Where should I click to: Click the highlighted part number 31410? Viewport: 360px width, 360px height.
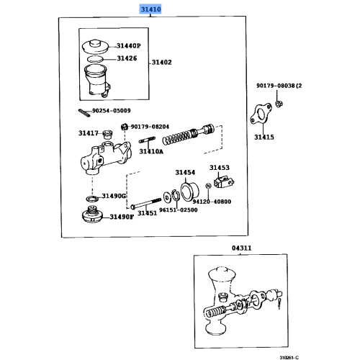pos(150,9)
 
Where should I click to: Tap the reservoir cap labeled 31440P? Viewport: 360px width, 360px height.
pos(95,46)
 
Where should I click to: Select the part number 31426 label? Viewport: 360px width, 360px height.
pos(127,58)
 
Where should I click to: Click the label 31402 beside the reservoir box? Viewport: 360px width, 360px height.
pos(162,63)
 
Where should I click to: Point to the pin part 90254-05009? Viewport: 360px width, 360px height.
pos(84,113)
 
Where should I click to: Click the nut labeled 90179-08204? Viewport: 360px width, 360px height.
pos(124,127)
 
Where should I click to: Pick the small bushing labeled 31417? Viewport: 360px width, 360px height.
pos(107,134)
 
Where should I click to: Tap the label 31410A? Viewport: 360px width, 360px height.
pos(151,151)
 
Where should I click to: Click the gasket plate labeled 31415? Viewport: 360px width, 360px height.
pos(261,114)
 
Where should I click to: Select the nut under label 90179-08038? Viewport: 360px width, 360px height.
pos(279,104)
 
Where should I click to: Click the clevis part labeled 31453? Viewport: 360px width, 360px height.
pos(224,183)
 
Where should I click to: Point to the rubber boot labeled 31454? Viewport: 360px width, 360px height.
pos(189,192)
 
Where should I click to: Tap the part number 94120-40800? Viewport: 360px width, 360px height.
pos(212,202)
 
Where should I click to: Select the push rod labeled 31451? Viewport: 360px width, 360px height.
pos(145,204)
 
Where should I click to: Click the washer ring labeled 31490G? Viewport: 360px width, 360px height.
pos(92,199)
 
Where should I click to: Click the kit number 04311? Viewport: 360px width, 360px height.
pos(241,248)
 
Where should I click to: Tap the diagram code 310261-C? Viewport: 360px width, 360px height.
pos(289,358)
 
